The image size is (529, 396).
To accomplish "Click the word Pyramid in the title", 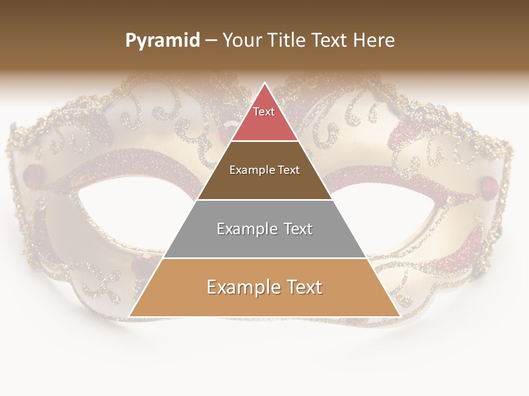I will tap(163, 40).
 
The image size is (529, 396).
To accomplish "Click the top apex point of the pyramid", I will tap(264, 83).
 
